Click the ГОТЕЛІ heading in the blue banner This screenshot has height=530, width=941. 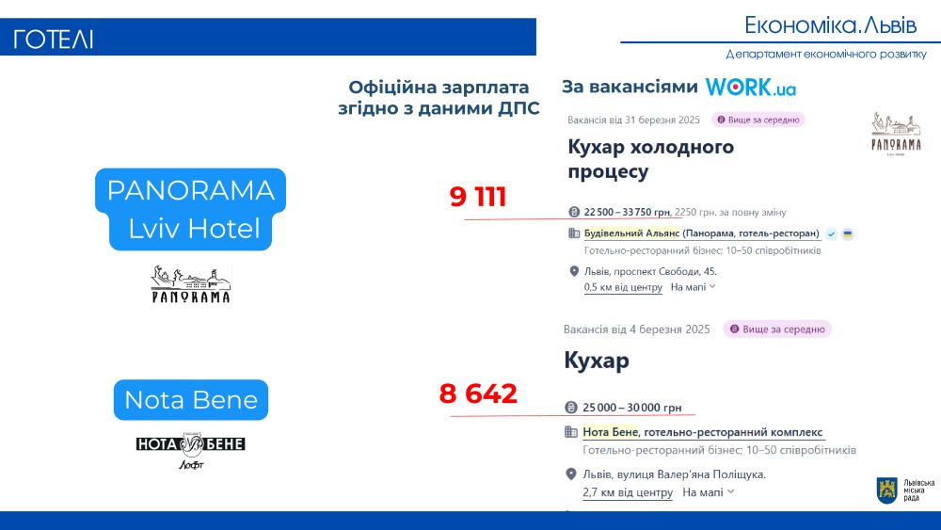click(x=54, y=40)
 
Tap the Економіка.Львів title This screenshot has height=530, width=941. click(x=831, y=25)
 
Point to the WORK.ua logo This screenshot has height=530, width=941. click(x=751, y=87)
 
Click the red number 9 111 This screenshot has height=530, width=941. click(x=478, y=197)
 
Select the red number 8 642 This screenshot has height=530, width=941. click(x=478, y=393)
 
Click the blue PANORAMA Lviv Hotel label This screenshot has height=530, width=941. click(x=190, y=209)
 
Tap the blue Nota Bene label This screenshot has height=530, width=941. click(x=191, y=400)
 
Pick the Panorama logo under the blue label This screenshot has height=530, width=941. click(x=191, y=284)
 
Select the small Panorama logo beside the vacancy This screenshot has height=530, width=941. click(x=896, y=134)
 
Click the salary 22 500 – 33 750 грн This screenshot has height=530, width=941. click(x=627, y=212)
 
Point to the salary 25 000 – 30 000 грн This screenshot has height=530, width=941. click(x=632, y=408)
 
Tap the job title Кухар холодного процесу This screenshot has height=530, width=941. click(x=650, y=159)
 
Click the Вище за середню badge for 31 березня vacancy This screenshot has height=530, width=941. click(x=758, y=120)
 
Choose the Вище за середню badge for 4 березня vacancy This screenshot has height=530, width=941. click(x=777, y=329)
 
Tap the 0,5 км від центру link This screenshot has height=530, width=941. click(x=623, y=287)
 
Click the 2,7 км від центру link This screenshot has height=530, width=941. click(x=628, y=492)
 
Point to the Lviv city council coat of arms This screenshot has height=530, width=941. click(x=887, y=490)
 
